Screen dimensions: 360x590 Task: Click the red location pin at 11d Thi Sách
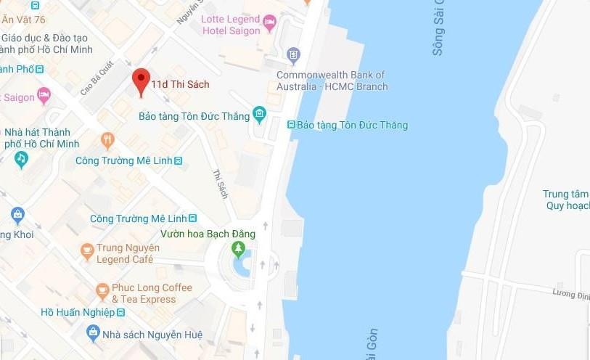(x=141, y=81)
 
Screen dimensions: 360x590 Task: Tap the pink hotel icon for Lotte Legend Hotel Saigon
(x=270, y=22)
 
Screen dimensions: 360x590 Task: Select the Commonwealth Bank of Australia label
(x=331, y=81)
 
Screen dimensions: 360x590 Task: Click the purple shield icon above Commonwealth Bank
(x=293, y=54)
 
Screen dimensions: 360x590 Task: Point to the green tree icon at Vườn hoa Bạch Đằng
(x=238, y=249)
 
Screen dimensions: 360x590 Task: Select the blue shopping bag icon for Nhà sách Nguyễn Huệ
(x=92, y=333)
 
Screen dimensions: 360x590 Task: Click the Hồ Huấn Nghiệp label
(x=78, y=312)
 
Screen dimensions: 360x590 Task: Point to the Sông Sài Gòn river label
(x=437, y=29)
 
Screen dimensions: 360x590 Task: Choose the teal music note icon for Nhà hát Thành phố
(x=21, y=157)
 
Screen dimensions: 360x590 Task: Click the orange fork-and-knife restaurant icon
(x=107, y=139)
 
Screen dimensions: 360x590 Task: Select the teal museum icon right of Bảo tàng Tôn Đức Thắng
(x=260, y=114)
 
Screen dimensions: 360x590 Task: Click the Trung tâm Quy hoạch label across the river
(x=566, y=200)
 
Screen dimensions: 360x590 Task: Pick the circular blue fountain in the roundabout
(x=242, y=265)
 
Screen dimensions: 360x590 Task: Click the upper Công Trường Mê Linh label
(x=123, y=160)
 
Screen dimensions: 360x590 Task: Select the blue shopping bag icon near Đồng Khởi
(x=17, y=214)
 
